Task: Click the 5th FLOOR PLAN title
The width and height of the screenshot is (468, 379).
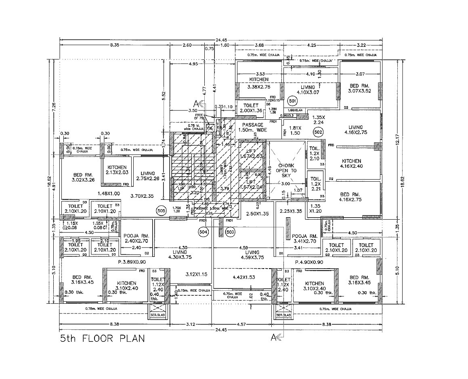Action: point(102,338)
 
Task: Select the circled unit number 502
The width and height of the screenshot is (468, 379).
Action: point(318,132)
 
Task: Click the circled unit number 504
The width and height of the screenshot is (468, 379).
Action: point(203,232)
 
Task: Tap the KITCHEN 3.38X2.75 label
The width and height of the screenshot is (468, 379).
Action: point(259,83)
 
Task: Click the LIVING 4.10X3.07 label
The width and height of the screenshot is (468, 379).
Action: point(311,90)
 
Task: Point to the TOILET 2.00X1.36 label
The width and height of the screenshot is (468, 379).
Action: point(251,108)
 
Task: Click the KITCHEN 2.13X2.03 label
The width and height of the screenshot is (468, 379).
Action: point(117,170)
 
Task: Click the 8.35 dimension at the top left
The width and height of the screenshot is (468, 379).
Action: point(115,45)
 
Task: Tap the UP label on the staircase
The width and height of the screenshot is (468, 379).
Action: point(180,188)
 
